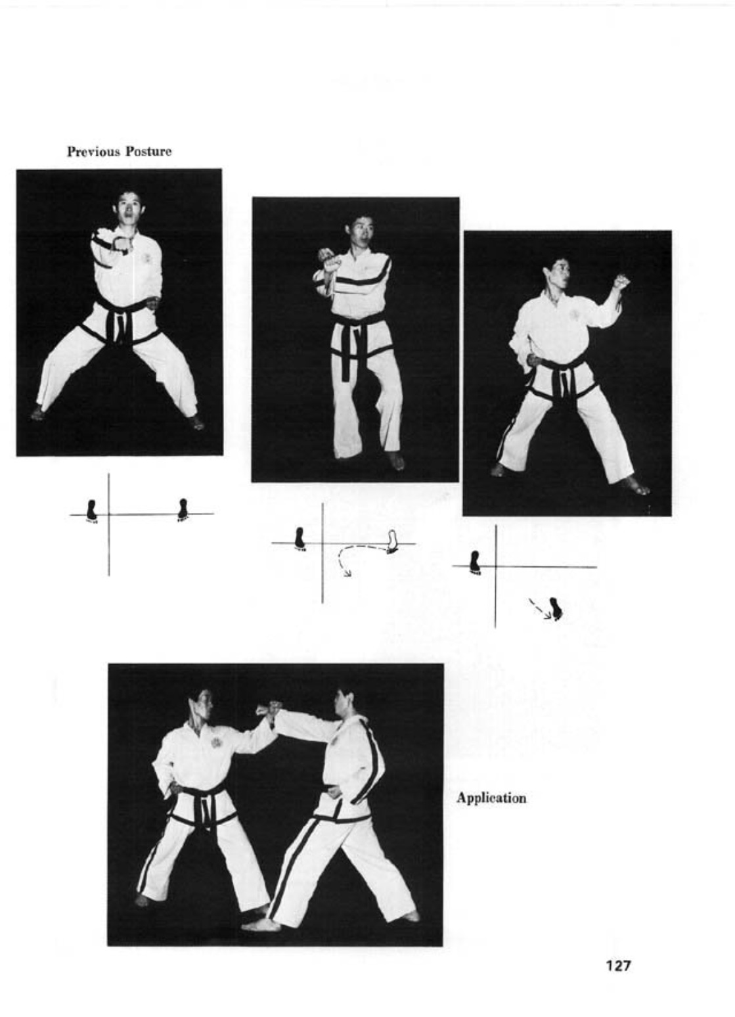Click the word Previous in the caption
(94, 151)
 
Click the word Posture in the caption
(148, 151)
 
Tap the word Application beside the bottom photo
(491, 798)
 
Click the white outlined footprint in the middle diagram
(392, 541)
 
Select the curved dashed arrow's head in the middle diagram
(347, 574)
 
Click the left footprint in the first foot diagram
(91, 511)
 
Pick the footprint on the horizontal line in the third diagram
(475, 562)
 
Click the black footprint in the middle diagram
(299, 539)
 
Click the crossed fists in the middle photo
(330, 260)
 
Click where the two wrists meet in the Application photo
(271, 712)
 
